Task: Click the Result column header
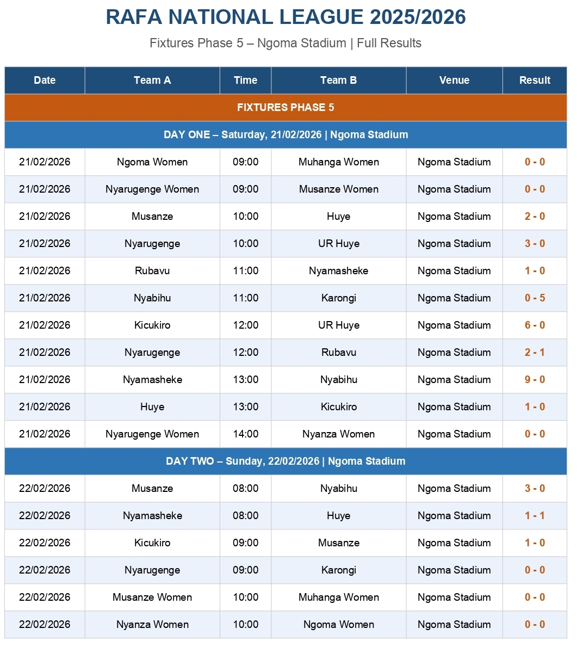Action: pos(535,80)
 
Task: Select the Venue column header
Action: pos(454,80)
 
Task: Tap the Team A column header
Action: pos(152,80)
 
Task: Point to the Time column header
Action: pos(245,80)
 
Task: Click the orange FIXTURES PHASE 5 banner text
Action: pos(286,107)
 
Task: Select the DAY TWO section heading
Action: pos(286,461)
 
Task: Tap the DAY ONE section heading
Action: pos(286,134)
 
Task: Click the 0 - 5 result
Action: pos(535,298)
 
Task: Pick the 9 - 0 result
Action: pos(535,379)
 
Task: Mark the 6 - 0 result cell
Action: pos(535,325)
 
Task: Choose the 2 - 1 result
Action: pos(535,352)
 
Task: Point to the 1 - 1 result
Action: pos(535,515)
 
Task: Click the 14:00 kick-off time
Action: pos(245,434)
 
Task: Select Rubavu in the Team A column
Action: pos(152,270)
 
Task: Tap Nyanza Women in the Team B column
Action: pos(338,434)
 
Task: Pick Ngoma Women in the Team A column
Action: pos(152,162)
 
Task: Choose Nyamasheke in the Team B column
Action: pos(338,270)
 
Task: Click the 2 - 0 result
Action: pos(535,216)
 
